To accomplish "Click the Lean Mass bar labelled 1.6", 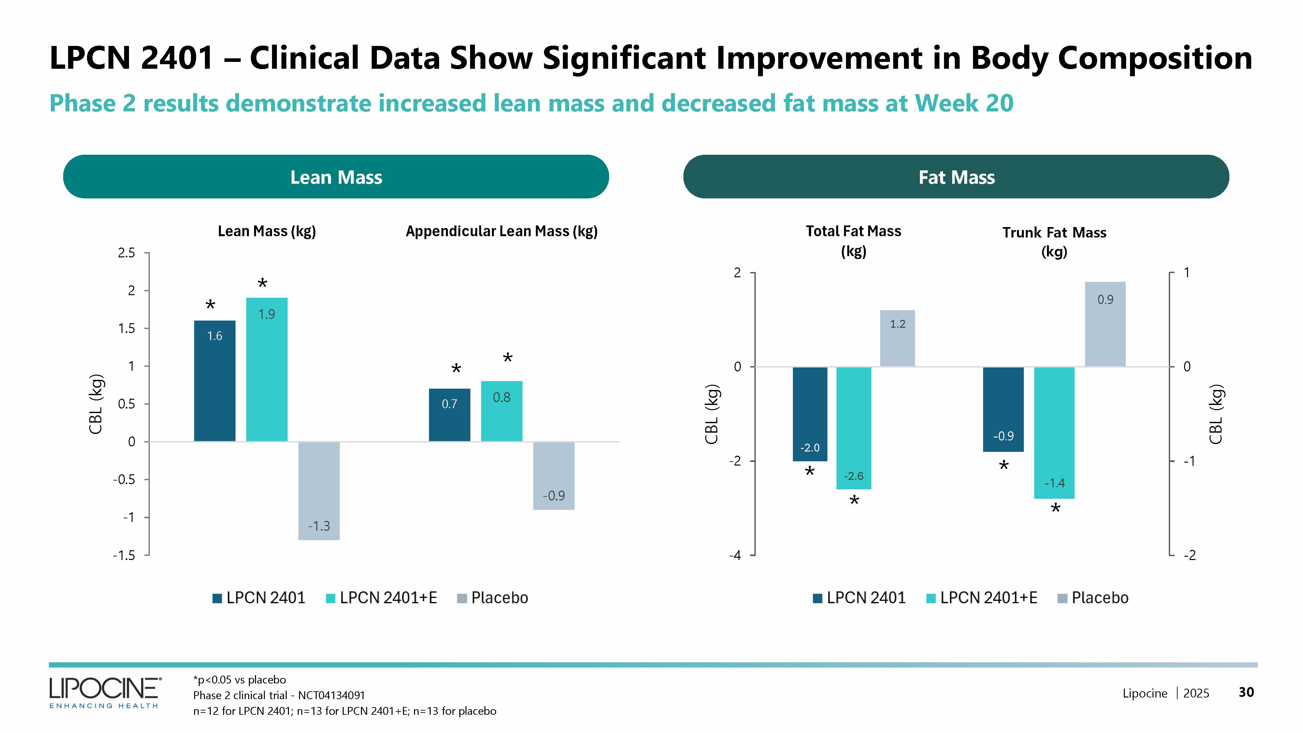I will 214,381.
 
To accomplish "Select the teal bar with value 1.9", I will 266,369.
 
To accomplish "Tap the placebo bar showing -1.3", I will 319,491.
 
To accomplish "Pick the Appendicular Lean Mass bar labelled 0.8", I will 501,411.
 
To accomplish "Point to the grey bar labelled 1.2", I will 897,338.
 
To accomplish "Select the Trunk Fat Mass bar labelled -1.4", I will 1054,433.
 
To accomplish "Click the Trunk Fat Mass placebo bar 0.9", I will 1105,324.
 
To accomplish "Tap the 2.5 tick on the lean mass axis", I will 126,252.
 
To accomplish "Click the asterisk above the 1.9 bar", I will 262,284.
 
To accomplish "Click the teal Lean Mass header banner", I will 336,177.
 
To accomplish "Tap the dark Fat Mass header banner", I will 956,177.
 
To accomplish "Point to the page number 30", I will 1246,692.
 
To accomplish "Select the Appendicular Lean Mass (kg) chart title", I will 501,231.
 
